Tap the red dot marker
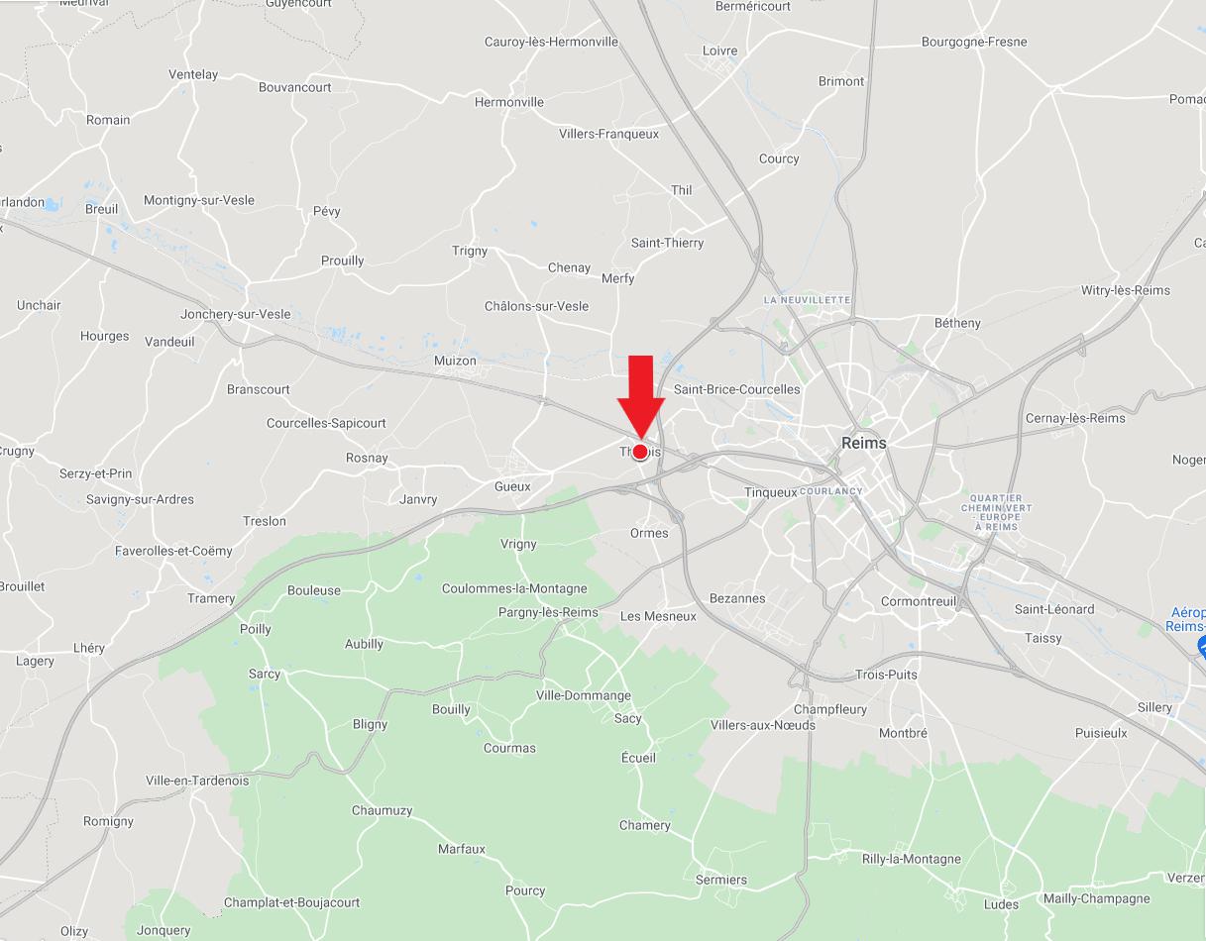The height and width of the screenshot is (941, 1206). click(640, 452)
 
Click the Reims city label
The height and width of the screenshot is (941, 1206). click(864, 443)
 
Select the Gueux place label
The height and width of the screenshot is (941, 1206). click(512, 486)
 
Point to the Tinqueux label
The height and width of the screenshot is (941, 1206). click(770, 492)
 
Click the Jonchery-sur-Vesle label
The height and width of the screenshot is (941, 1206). click(236, 314)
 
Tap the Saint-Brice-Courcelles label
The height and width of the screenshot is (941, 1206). click(736, 389)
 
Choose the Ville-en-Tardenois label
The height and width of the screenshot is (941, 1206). click(197, 781)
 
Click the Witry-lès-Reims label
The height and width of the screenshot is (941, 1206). click(1125, 290)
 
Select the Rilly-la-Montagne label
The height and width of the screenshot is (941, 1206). click(912, 859)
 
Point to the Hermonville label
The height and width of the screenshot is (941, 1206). click(509, 102)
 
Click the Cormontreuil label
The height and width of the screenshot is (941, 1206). click(919, 601)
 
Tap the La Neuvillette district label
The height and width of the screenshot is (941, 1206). click(807, 299)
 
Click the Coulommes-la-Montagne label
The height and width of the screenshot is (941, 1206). click(514, 588)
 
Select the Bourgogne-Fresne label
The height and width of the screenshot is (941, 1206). click(974, 42)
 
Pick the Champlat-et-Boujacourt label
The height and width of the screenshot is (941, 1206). click(291, 902)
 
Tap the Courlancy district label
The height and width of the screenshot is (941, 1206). click(831, 491)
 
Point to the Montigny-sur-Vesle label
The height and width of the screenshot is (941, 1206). click(199, 200)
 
